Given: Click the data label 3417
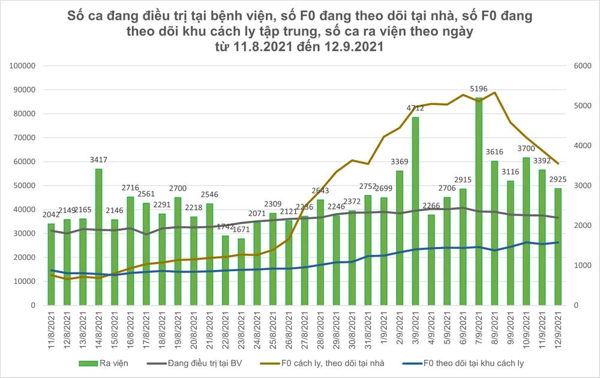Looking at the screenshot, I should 98,161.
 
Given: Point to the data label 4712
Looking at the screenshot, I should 415,109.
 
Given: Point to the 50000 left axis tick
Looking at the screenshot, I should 26,185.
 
